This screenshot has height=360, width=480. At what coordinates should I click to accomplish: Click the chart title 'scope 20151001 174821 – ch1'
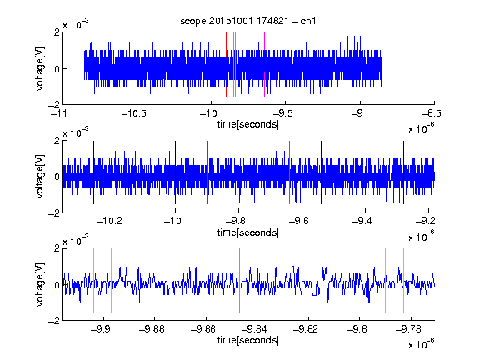click(247, 21)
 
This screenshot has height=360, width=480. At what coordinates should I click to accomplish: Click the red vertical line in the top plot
click(226, 64)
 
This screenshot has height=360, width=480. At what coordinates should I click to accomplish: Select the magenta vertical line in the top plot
click(264, 64)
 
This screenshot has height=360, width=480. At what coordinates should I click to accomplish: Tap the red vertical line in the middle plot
click(207, 172)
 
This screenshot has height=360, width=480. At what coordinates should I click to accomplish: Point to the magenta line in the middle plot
click(290, 172)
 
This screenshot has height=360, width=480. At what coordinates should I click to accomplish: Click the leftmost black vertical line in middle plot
click(93, 172)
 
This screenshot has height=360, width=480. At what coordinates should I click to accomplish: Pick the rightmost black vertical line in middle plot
click(404, 172)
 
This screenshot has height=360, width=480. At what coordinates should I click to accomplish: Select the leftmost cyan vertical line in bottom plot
click(93, 280)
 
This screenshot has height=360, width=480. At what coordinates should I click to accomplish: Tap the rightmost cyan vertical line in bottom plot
click(404, 280)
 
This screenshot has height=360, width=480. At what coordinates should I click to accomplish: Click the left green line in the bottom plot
click(239, 280)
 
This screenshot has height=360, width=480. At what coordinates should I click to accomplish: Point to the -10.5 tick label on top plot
click(134, 113)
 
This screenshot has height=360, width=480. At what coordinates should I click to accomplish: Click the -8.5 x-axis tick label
click(432, 113)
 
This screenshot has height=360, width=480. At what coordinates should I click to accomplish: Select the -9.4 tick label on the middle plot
click(362, 220)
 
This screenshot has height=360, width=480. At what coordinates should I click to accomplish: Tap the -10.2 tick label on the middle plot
click(109, 220)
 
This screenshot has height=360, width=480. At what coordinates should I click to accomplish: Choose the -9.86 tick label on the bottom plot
click(203, 329)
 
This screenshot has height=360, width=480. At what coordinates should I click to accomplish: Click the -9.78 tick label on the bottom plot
click(408, 329)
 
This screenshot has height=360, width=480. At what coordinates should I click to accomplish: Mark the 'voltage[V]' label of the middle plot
click(40, 177)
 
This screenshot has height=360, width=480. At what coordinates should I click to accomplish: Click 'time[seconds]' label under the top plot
click(248, 124)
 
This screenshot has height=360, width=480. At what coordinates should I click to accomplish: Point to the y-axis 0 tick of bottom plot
click(57, 285)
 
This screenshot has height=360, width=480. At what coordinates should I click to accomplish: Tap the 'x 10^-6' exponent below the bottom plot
click(422, 343)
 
